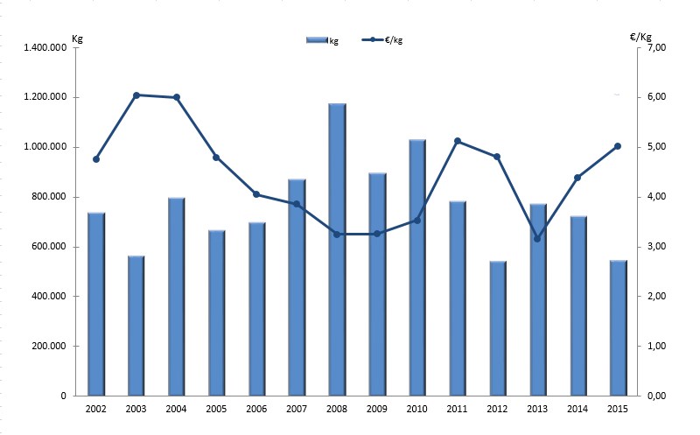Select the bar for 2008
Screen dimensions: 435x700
(x=338, y=249)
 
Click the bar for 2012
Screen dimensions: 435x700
(x=498, y=328)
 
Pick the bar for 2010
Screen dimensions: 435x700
(x=418, y=267)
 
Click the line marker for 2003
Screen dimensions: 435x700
(x=136, y=95)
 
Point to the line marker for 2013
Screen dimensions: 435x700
(x=538, y=239)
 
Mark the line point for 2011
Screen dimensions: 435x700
(x=458, y=141)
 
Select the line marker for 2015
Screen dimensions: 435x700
(x=618, y=146)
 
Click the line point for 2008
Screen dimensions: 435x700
(x=338, y=234)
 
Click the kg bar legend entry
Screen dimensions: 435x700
(x=321, y=40)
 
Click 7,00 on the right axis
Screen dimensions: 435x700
(x=654, y=47)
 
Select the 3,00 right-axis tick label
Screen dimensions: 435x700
(x=654, y=247)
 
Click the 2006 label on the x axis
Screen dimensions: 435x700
(x=256, y=409)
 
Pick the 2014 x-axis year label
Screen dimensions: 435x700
(x=578, y=409)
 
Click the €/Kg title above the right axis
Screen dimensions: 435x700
(x=640, y=36)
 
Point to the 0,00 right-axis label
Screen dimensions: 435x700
(x=654, y=396)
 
